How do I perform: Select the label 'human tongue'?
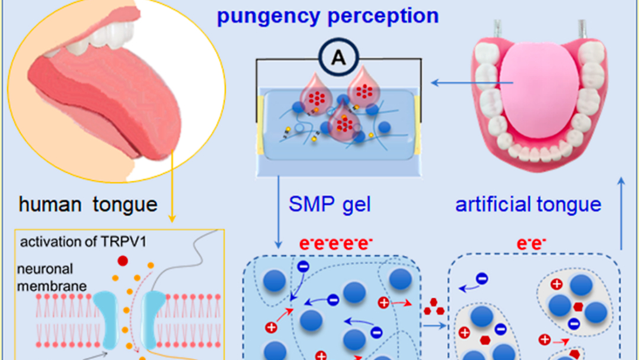click(x=88, y=205)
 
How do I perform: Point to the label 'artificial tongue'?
click(x=528, y=205)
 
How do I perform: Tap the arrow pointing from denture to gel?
click(x=453, y=83)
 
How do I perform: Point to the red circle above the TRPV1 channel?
click(x=123, y=261)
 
